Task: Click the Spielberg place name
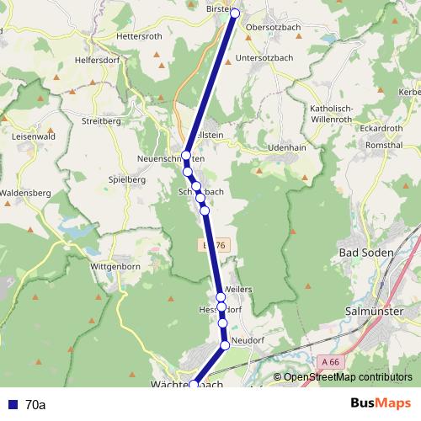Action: (128, 179)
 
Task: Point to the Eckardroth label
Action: (381, 128)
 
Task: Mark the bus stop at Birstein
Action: (235, 13)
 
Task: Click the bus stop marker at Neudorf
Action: (226, 345)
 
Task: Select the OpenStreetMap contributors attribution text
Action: (347, 377)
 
